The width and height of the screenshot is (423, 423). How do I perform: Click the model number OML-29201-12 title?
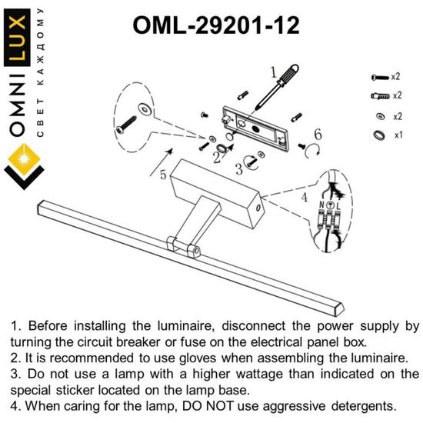tap(216, 25)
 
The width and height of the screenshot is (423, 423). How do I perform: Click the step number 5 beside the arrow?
tap(163, 175)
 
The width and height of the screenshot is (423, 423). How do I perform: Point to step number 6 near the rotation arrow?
tap(317, 135)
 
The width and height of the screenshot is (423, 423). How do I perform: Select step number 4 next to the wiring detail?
tap(303, 197)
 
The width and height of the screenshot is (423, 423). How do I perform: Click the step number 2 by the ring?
tap(217, 158)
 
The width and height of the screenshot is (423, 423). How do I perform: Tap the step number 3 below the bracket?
tap(239, 168)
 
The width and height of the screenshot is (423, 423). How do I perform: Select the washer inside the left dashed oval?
tap(145, 105)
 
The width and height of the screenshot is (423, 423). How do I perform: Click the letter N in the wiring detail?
tap(321, 206)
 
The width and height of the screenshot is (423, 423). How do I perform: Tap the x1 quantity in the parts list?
tap(398, 135)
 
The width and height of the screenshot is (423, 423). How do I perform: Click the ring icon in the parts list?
tap(377, 135)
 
